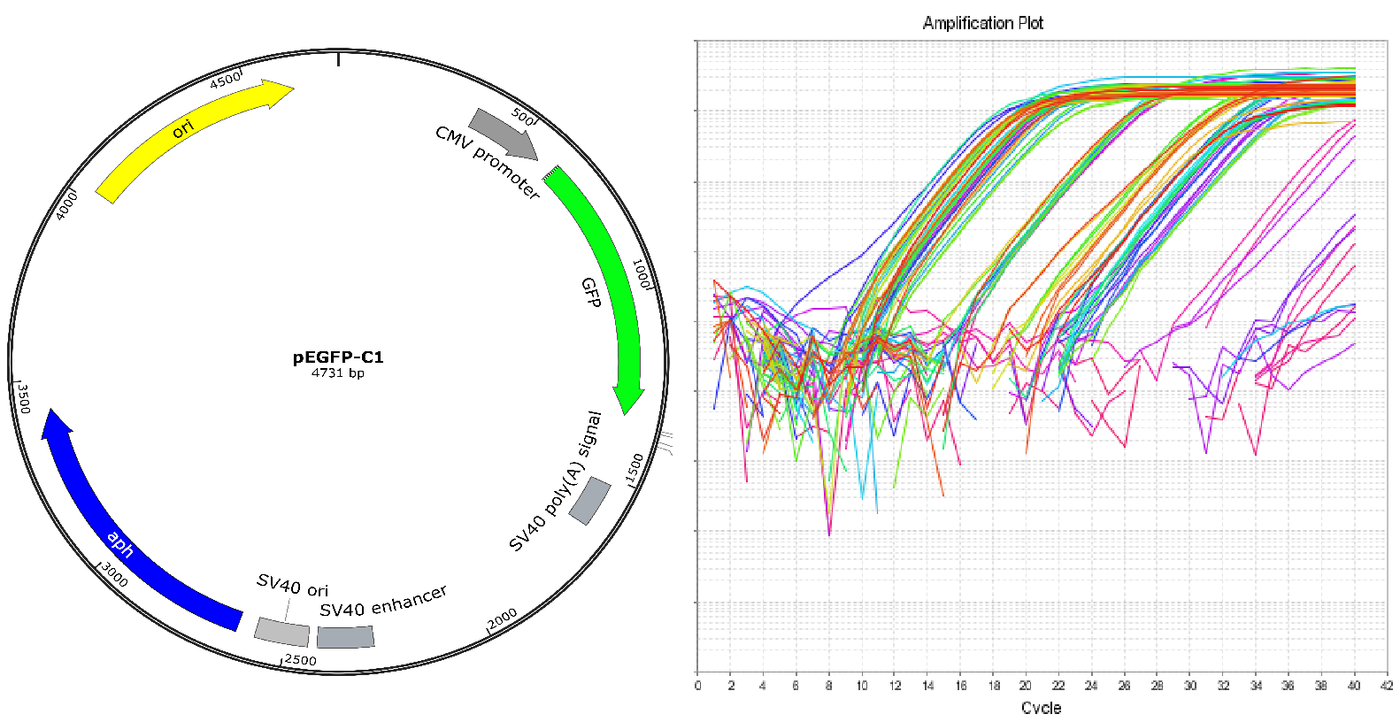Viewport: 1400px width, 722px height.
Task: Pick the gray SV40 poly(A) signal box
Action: [589, 501]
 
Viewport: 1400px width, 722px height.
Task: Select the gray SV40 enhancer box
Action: [345, 637]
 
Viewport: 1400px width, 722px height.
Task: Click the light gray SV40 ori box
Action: [281, 632]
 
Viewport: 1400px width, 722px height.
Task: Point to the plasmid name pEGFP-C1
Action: [338, 357]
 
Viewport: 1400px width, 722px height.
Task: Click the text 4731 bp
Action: [338, 373]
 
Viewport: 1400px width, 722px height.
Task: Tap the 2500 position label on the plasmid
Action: [300, 660]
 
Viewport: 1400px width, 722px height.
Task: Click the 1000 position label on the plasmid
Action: [642, 273]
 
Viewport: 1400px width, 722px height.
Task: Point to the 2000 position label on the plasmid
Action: [502, 618]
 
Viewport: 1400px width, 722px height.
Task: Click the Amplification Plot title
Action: [982, 23]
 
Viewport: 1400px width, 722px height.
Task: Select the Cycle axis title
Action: [1041, 708]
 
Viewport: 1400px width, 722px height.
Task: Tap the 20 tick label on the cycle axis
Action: [1025, 686]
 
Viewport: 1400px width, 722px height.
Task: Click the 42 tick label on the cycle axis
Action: [1386, 686]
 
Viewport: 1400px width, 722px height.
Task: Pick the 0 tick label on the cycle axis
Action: [697, 686]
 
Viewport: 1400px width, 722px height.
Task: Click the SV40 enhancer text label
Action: [382, 602]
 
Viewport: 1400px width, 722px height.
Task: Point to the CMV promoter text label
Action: [488, 161]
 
